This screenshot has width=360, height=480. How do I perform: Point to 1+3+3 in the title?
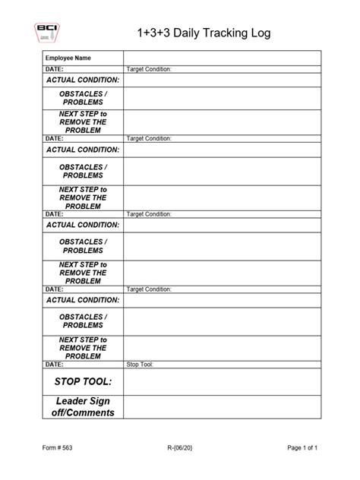[153, 33]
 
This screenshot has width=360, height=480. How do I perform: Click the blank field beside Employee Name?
[223, 58]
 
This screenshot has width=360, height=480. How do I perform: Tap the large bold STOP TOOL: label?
[83, 381]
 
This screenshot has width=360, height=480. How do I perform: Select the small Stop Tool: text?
[141, 365]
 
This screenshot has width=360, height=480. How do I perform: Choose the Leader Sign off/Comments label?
[83, 406]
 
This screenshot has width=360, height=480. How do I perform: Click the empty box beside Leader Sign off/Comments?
[223, 406]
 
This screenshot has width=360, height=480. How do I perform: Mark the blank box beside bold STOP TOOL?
[223, 381]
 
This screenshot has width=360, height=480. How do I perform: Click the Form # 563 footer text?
[58, 449]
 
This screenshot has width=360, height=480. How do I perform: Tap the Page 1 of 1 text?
[302, 449]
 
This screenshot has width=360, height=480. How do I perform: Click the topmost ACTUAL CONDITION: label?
[83, 80]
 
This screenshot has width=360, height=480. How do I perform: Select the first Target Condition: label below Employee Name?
[150, 69]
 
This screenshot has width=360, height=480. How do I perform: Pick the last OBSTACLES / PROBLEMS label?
[83, 321]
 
